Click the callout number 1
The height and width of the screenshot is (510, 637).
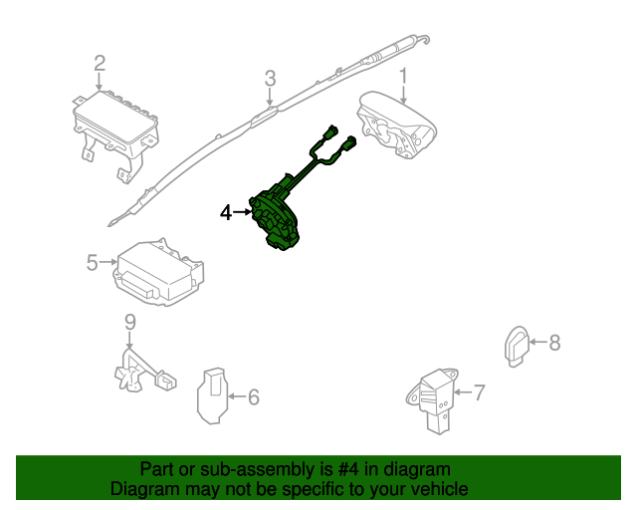click(x=404, y=76)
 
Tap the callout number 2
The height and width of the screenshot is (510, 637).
click(x=100, y=64)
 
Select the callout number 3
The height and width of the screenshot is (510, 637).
click(x=270, y=79)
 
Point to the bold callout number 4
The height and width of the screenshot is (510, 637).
click(x=226, y=212)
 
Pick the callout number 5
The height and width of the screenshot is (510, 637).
click(x=92, y=263)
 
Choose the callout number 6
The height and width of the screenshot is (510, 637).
click(x=253, y=397)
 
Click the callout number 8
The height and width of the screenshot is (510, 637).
click(x=554, y=343)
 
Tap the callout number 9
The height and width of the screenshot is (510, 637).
click(x=128, y=321)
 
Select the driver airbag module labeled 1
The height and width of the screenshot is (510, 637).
click(x=396, y=127)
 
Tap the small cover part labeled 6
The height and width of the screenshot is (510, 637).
click(x=210, y=395)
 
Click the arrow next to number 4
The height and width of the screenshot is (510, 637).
click(x=244, y=212)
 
